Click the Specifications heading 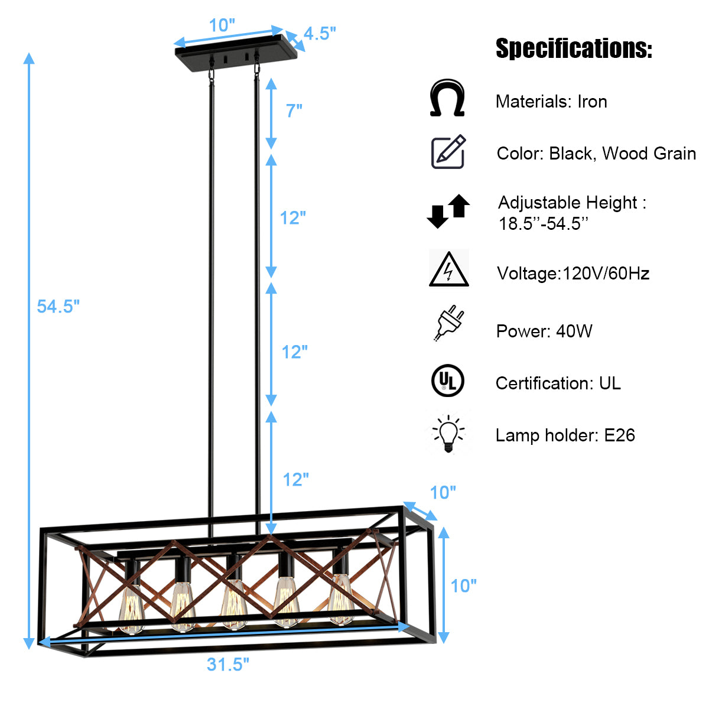click(x=574, y=48)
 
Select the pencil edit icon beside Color click(x=448, y=152)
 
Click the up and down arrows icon click(x=448, y=211)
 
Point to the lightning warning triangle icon click(x=448, y=269)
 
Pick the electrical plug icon click(x=449, y=323)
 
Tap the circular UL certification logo click(x=448, y=380)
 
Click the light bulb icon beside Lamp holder click(x=448, y=434)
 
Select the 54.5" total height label click(x=58, y=306)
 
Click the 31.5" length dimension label click(x=228, y=664)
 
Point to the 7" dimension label click(x=294, y=110)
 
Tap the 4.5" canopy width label click(x=320, y=34)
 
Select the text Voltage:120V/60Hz click(x=573, y=274)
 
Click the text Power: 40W click(x=544, y=331)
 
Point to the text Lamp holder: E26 click(x=565, y=435)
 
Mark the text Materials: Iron click(x=551, y=102)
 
